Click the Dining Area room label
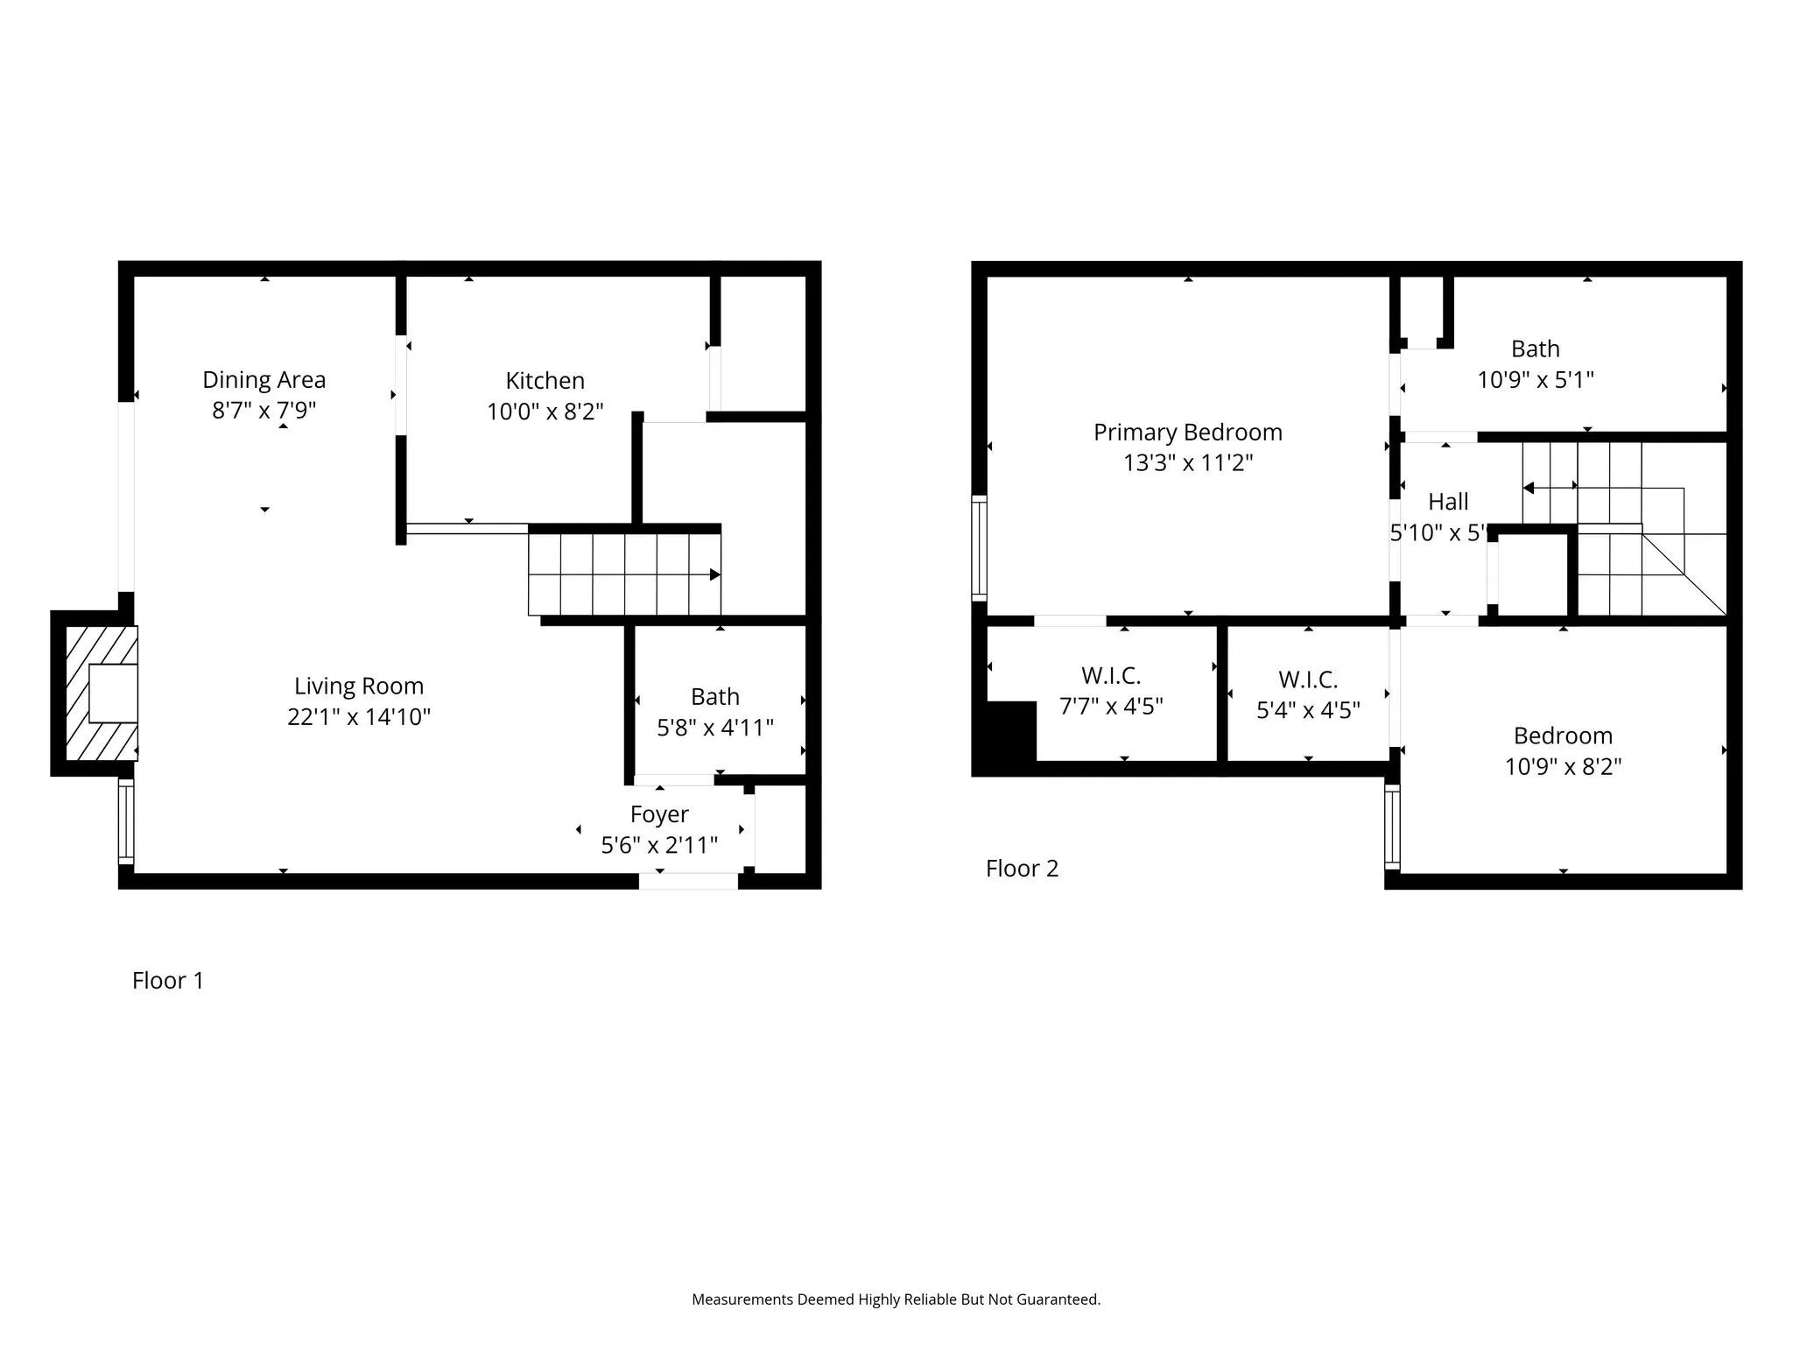pyautogui.click(x=264, y=379)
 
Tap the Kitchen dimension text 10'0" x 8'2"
pyautogui.click(x=545, y=412)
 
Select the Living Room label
pyautogui.click(x=358, y=686)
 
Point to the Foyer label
pyautogui.click(x=659, y=814)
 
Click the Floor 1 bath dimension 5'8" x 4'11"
pyautogui.click(x=715, y=728)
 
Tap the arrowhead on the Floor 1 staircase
pyautogui.click(x=714, y=574)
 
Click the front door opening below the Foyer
pyautogui.click(x=688, y=881)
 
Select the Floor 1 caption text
pyautogui.click(x=167, y=981)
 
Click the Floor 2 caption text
pyautogui.click(x=1022, y=869)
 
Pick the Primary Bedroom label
pyautogui.click(x=1187, y=432)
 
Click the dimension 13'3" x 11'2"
pyautogui.click(x=1187, y=462)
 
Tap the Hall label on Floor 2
pyautogui.click(x=1448, y=502)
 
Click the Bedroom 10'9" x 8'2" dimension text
pyautogui.click(x=1563, y=767)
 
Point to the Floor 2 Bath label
pyautogui.click(x=1535, y=349)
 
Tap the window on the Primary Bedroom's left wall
pyautogui.click(x=980, y=548)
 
